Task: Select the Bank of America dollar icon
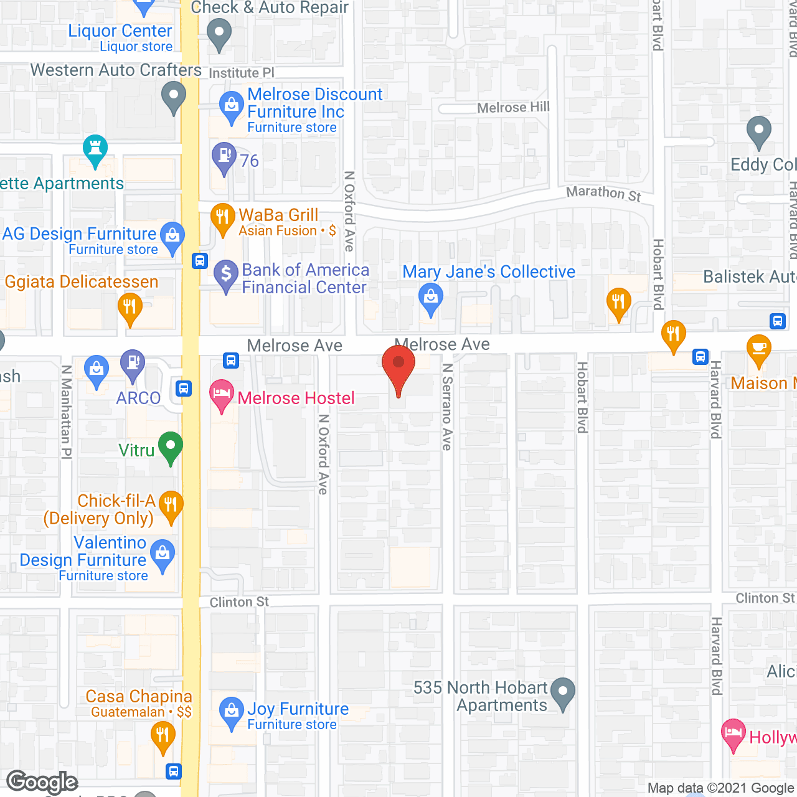click(226, 274)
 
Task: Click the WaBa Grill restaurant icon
click(222, 218)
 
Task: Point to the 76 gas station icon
click(224, 156)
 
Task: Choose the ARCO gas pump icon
click(132, 364)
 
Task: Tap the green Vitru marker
click(170, 446)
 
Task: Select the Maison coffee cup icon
click(758, 349)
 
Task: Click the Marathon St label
click(603, 194)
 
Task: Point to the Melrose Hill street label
click(513, 108)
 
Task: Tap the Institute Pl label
click(241, 73)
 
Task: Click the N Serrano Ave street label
click(446, 407)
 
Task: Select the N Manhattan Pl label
click(66, 412)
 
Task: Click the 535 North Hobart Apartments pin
click(563, 692)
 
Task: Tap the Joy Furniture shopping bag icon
click(231, 711)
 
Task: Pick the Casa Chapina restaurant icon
click(162, 737)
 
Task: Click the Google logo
click(42, 782)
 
